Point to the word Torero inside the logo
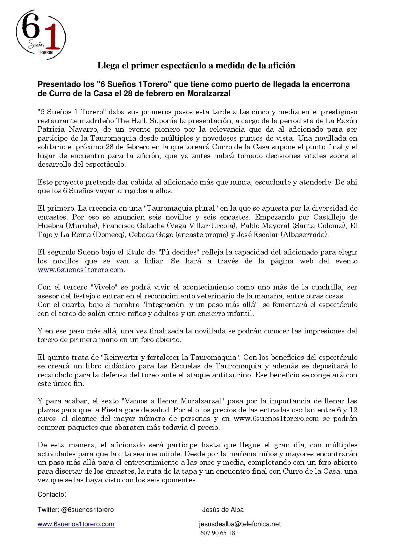(x=45, y=52)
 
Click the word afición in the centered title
(x=282, y=66)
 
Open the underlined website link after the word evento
(x=81, y=270)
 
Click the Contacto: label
(x=52, y=495)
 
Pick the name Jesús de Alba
(x=223, y=510)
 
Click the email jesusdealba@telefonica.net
(x=240, y=524)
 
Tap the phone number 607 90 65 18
(x=218, y=533)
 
